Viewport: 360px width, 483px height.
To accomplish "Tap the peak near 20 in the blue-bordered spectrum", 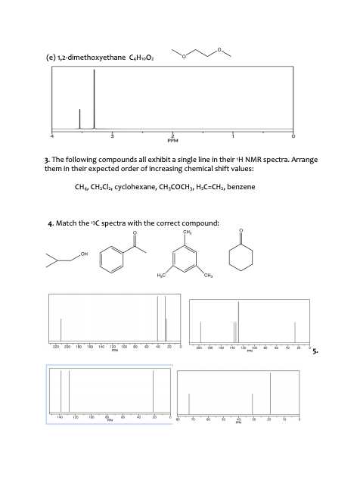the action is (153, 392).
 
